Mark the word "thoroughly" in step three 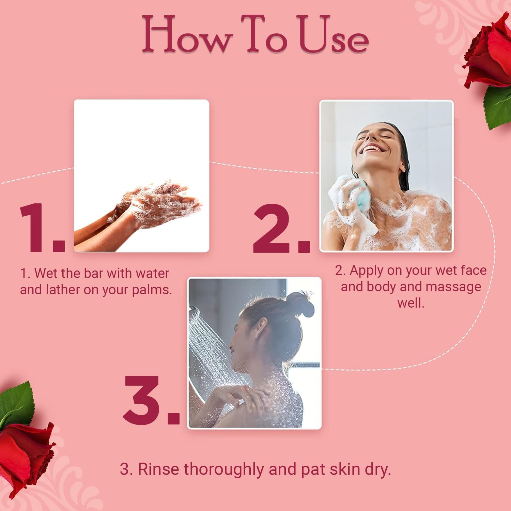pyautogui.click(x=225, y=469)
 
